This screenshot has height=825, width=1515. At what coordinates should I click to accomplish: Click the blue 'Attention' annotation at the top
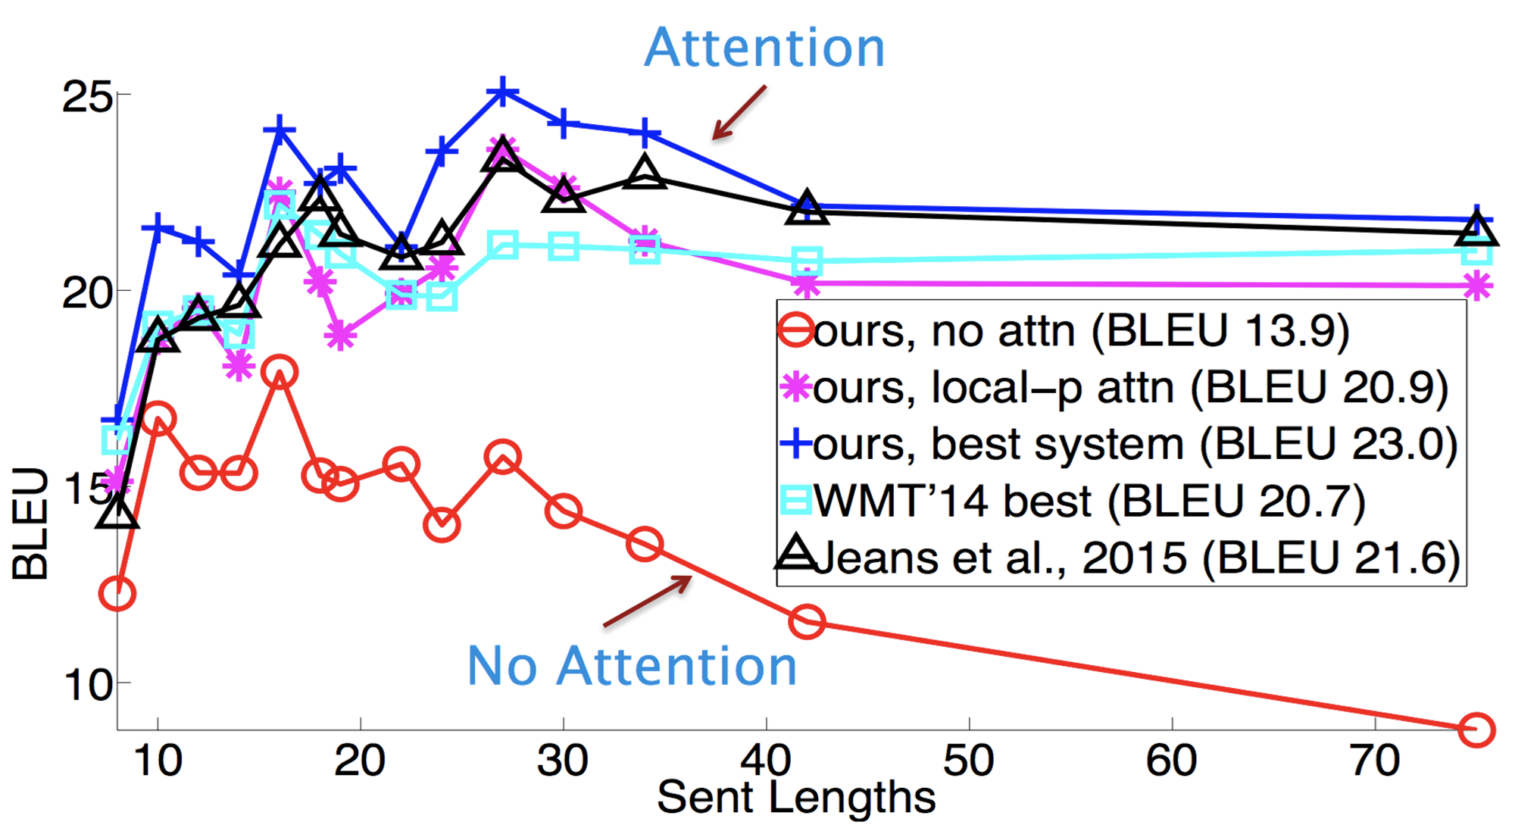[764, 48]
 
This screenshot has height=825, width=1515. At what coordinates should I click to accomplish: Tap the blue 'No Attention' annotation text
[633, 666]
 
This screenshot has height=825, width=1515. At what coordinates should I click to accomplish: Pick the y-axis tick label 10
[86, 684]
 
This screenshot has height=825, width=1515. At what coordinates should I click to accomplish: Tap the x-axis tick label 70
[1376, 761]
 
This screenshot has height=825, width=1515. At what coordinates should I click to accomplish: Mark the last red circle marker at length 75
[1476, 729]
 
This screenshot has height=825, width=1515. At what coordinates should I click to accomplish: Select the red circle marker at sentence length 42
[807, 621]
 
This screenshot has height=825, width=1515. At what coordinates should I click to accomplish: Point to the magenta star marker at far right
[1477, 286]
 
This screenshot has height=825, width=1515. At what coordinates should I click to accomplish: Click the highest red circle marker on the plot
[280, 371]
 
